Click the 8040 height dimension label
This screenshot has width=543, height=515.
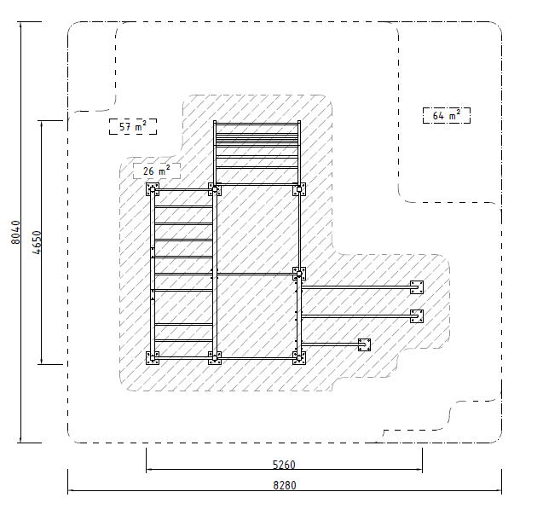(x=15, y=233)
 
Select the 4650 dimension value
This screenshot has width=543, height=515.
(x=37, y=242)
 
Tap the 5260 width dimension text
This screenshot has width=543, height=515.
(x=284, y=465)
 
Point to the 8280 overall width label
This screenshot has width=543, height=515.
(x=285, y=485)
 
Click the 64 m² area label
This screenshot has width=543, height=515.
(x=447, y=115)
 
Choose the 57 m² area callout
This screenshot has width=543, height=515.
(x=133, y=127)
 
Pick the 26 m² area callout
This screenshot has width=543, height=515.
(x=157, y=171)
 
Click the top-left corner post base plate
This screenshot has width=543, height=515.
(x=153, y=189)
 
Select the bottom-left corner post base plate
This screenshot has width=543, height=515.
(x=153, y=358)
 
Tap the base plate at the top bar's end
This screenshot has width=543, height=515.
(x=417, y=287)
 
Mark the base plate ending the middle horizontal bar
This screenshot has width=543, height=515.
(x=417, y=316)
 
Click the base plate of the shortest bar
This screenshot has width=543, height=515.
(x=364, y=344)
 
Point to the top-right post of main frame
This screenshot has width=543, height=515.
(x=299, y=189)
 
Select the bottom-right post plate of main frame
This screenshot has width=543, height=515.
(x=299, y=358)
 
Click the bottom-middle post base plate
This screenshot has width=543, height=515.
(x=215, y=358)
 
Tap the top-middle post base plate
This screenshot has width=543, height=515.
(x=215, y=189)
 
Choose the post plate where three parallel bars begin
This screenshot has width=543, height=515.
(x=299, y=274)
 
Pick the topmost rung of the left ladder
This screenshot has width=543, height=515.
(x=183, y=206)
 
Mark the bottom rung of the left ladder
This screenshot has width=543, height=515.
(x=183, y=341)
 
